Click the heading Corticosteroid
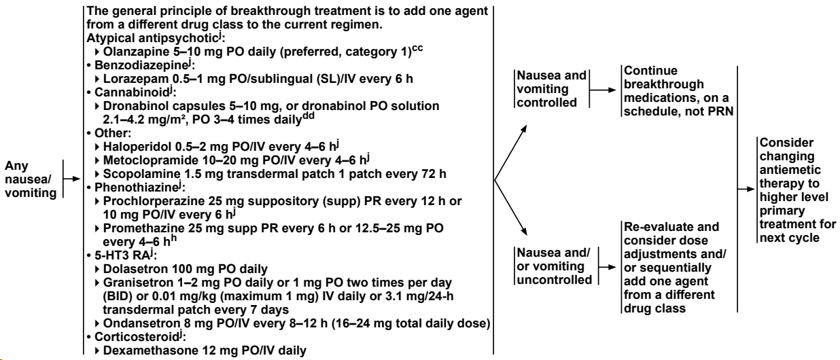(137, 337)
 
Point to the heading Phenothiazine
(136, 187)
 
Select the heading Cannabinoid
(132, 92)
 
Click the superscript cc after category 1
(417, 49)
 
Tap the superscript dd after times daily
(309, 116)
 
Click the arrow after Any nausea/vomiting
(71, 179)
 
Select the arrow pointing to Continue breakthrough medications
(603, 90)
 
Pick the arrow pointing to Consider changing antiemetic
(746, 190)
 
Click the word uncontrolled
(555, 280)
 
